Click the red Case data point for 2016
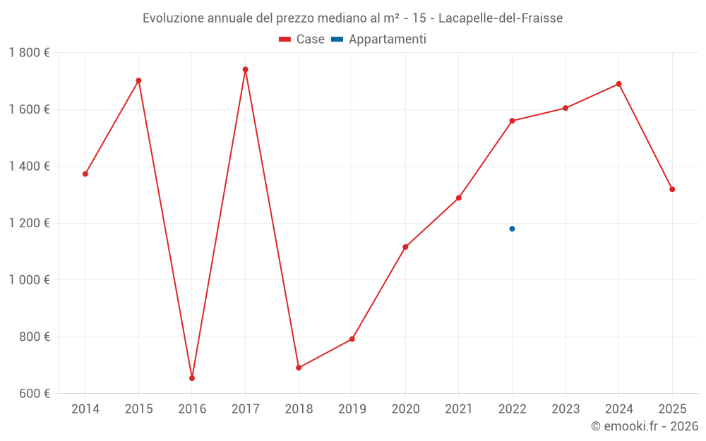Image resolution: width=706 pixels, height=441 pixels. click(192, 378)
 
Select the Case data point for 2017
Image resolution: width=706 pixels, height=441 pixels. click(245, 69)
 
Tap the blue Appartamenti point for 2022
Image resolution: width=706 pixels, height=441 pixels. click(512, 229)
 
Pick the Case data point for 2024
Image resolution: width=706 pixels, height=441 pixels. click(619, 84)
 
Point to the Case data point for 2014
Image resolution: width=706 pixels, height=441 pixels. click(85, 174)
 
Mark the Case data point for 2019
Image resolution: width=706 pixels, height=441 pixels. click(352, 339)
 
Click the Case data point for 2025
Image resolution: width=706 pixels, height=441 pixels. click(672, 189)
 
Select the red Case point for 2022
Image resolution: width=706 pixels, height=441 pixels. click(512, 121)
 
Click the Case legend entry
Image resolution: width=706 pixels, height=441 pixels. click(302, 40)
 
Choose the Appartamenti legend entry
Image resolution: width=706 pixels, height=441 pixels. click(379, 40)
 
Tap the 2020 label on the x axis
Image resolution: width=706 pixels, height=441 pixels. click(405, 409)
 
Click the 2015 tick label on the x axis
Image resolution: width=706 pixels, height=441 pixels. click(138, 409)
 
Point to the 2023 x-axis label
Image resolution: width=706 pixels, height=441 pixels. click(566, 409)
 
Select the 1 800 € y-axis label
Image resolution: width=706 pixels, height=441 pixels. click(30, 53)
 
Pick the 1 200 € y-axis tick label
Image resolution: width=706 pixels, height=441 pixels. click(30, 223)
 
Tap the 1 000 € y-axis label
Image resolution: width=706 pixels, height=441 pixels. click(30, 279)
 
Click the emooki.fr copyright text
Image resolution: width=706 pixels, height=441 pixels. click(644, 426)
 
